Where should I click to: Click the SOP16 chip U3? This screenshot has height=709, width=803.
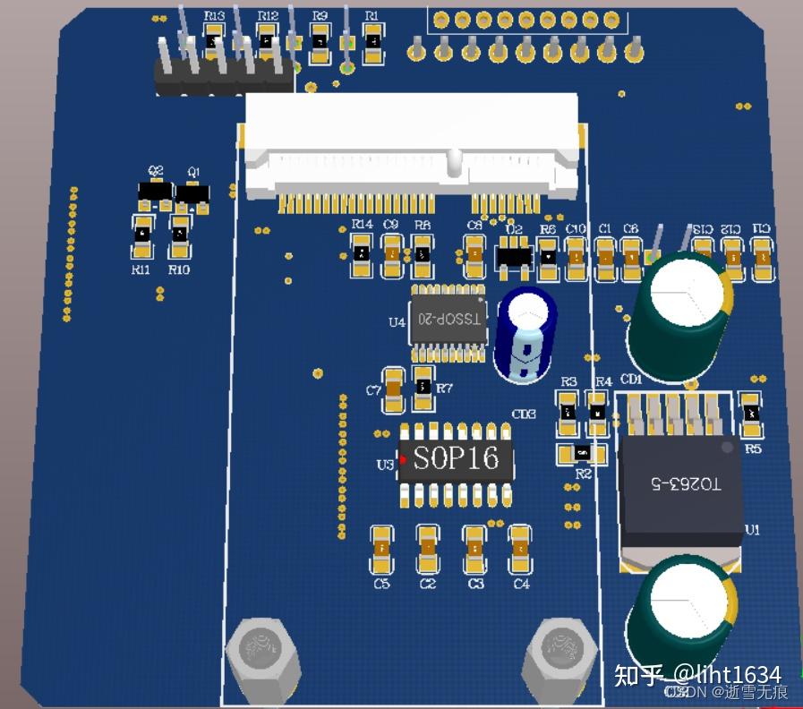pos(457,460)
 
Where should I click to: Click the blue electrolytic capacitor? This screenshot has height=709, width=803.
pos(525,333)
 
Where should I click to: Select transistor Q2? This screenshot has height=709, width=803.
pos(155,192)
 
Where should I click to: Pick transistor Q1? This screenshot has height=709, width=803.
pos(192,192)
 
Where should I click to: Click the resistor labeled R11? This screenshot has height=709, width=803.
pos(141,234)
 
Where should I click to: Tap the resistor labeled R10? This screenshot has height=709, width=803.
pos(180,235)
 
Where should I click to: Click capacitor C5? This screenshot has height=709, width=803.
pos(382,548)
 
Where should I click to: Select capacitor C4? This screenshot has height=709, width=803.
pos(520,548)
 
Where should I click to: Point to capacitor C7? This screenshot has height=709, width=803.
pos(392,390)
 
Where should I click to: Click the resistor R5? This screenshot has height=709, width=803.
pos(751,413)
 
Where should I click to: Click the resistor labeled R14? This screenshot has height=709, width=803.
pos(361,253)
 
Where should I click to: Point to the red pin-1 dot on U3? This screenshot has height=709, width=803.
pos(404,460)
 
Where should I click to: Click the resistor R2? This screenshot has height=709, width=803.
pos(582,453)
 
